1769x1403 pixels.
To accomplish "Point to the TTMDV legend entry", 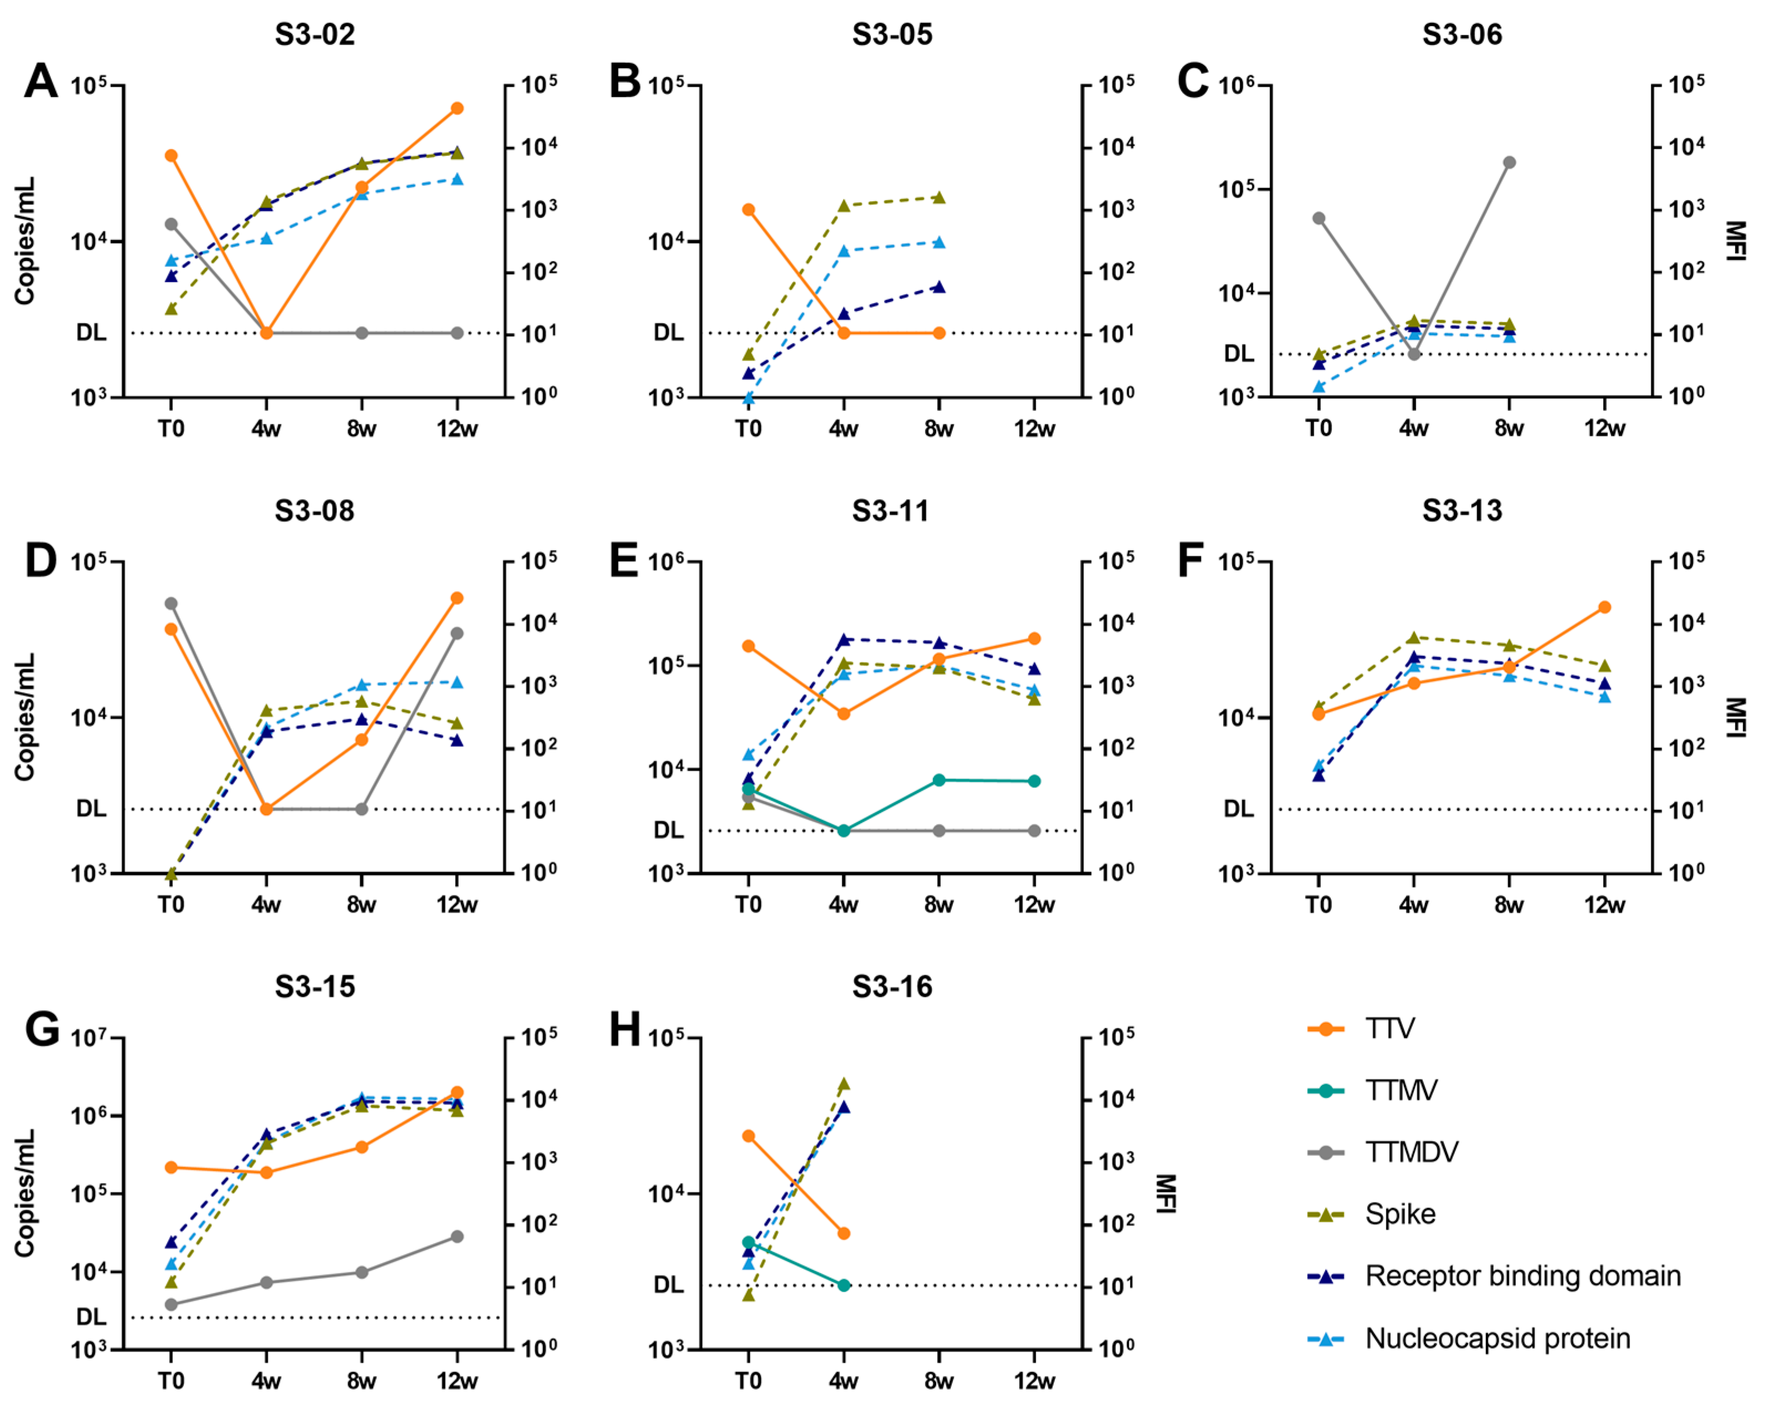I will (x=1411, y=1152).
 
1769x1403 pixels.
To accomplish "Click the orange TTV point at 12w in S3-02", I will (x=457, y=108).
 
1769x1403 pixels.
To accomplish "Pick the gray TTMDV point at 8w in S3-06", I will (x=1509, y=162).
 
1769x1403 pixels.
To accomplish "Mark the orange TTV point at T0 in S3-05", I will (x=748, y=210).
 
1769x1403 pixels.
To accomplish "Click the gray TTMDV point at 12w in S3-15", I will (x=457, y=1236).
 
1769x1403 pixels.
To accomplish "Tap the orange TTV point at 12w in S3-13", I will (x=1604, y=607).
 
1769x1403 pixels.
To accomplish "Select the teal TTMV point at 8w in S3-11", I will (x=939, y=780).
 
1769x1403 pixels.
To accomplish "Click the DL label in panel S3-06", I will (x=1238, y=354).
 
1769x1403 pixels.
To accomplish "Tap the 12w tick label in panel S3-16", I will (x=1034, y=1381).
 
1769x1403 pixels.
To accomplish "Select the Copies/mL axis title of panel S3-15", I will (x=24, y=1193).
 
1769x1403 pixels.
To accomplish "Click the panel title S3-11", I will (x=890, y=511).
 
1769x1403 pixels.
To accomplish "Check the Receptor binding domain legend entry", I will (x=1522, y=1276).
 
